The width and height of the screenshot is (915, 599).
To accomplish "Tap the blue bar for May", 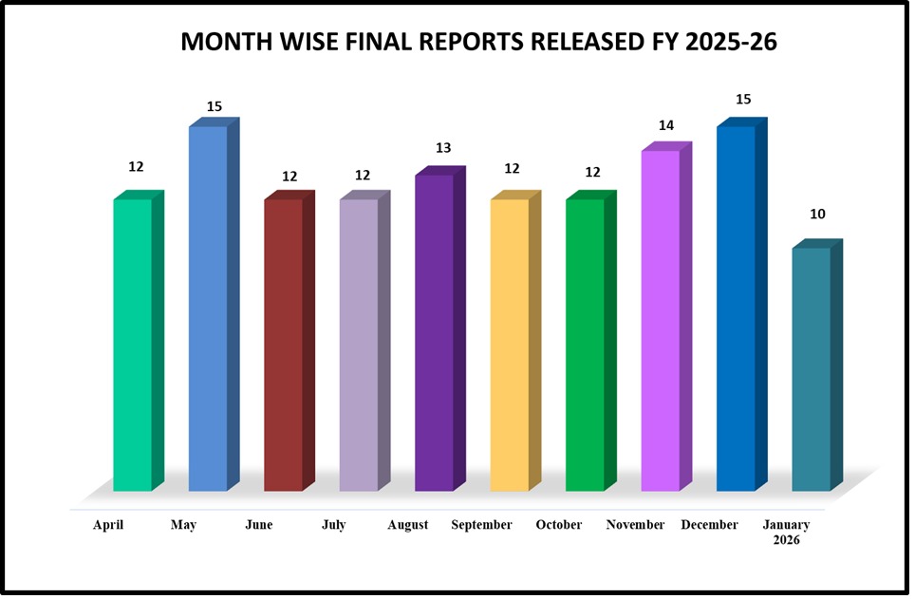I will coord(208,309).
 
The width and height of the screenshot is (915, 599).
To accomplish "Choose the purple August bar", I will coord(434,332).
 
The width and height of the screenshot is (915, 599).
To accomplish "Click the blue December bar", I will coord(736,309).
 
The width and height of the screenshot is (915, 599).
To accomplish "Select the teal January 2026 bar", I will coord(812,369).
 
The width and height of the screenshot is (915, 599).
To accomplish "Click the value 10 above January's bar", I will coord(816,215).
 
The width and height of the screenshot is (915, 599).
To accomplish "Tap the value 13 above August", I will coord(442,148).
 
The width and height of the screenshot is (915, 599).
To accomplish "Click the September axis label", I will coord(481,525).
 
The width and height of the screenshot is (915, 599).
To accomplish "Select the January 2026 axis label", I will coord(787,532).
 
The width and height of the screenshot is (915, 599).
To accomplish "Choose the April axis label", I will coord(108,525).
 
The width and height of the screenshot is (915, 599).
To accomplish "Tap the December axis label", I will coord(709,525).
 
